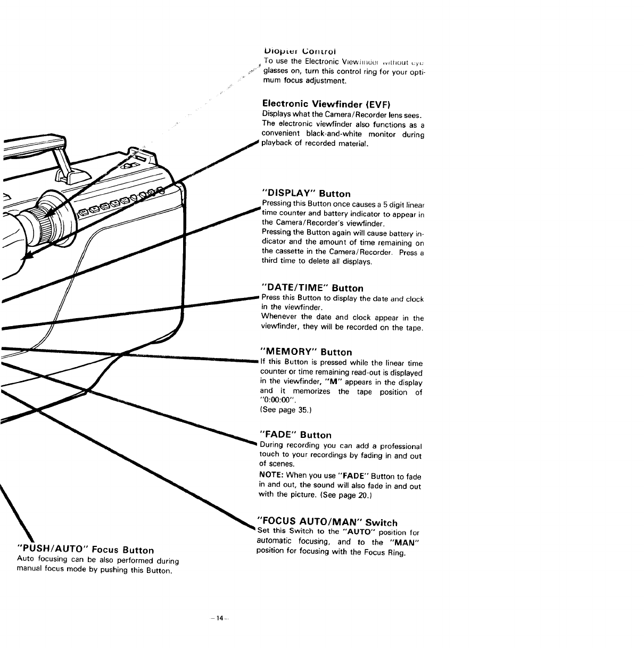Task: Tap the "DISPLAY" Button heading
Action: click(306, 193)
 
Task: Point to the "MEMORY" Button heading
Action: click(306, 352)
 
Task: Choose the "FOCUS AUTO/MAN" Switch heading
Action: click(327, 522)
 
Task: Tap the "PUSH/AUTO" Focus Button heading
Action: click(86, 550)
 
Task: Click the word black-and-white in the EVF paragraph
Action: click(327, 134)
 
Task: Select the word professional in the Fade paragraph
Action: click(397, 446)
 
